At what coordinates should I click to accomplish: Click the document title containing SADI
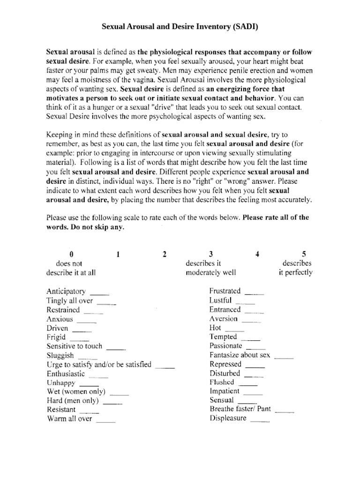[x=180, y=28]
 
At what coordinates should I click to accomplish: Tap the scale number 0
[x=71, y=254]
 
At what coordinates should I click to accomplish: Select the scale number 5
[x=304, y=254]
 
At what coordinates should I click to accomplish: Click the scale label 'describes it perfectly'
[x=296, y=268]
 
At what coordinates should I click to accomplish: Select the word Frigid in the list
[x=56, y=337]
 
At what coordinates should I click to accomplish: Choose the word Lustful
[x=220, y=300]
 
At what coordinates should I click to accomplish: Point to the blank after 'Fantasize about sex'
[x=284, y=356]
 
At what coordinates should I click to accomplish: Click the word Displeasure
[x=228, y=418]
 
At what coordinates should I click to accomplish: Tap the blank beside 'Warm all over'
[x=105, y=420]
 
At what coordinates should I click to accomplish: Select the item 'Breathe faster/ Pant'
[x=240, y=409]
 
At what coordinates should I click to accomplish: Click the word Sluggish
[x=60, y=355]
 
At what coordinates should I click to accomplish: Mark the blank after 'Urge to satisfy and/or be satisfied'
[x=165, y=366]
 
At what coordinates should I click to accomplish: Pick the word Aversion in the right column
[x=224, y=319]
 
